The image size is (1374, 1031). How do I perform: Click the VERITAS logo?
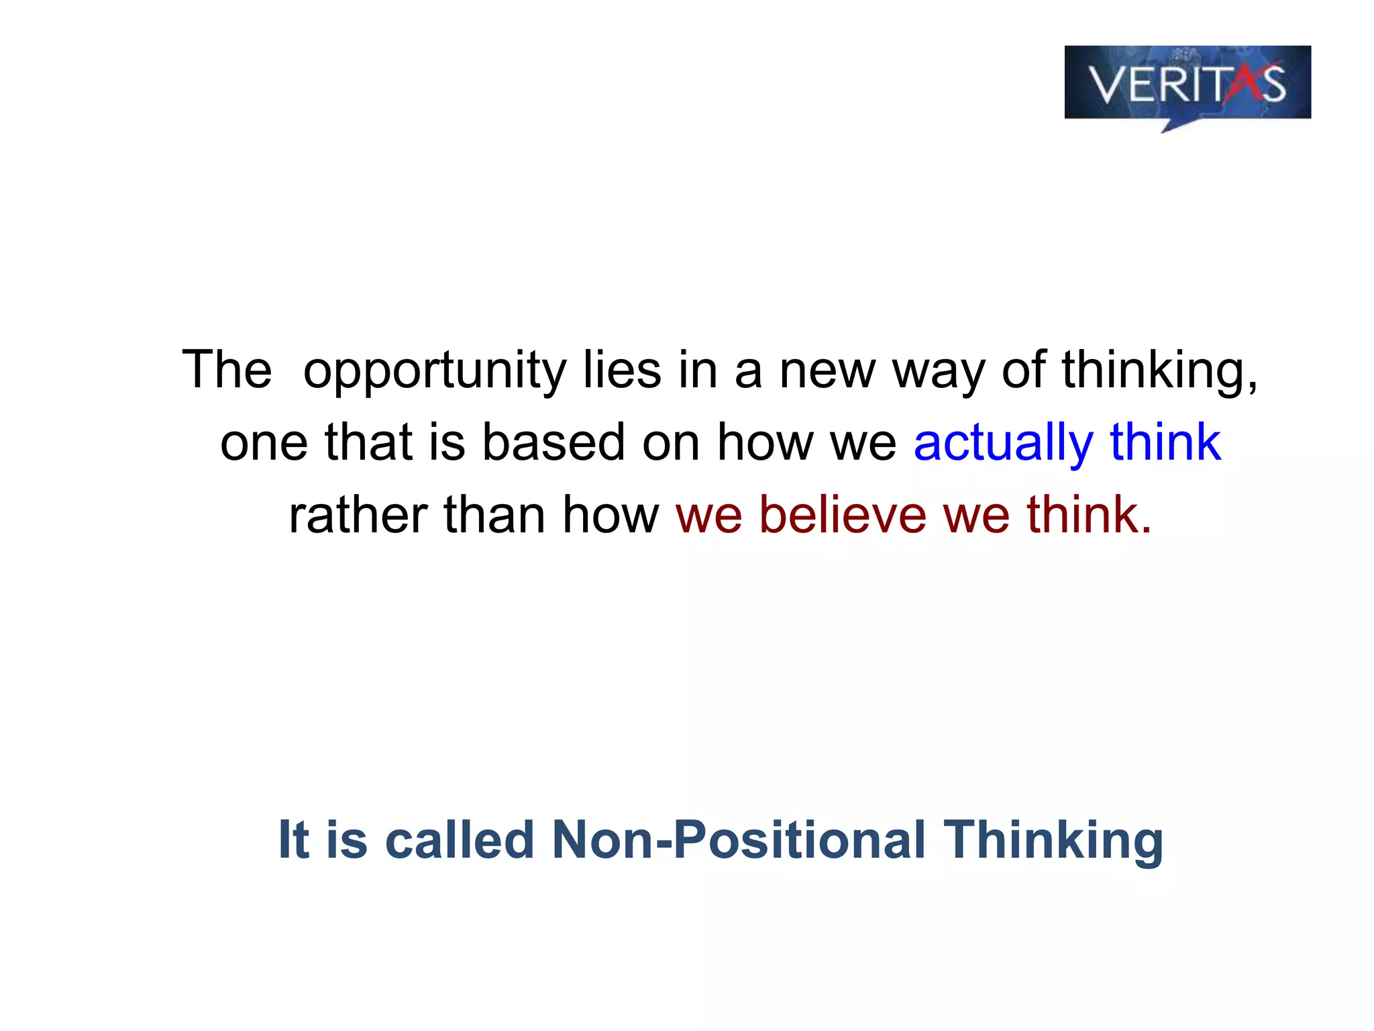click(x=1187, y=84)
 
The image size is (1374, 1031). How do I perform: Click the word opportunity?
click(x=435, y=371)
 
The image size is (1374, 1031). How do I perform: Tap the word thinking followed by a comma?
click(x=1159, y=371)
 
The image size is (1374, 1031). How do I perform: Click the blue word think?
click(x=1165, y=443)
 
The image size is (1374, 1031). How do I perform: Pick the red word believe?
click(x=843, y=515)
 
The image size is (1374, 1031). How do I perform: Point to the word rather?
click(x=358, y=515)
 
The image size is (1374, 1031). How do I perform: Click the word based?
click(x=553, y=443)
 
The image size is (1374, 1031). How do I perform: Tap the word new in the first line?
click(x=827, y=371)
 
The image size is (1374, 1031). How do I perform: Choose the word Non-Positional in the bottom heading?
click(x=738, y=840)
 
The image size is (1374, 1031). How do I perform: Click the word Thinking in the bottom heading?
click(x=1053, y=841)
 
